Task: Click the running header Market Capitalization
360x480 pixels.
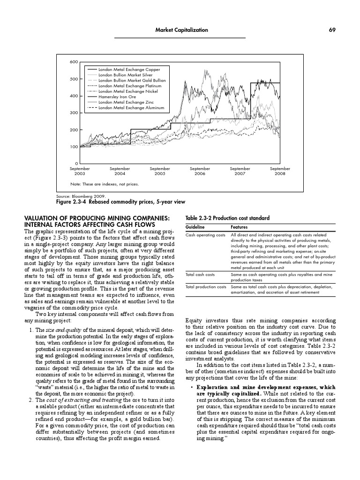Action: (181, 30)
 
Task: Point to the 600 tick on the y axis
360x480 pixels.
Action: (74, 62)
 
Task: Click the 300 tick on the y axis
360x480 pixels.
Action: (74, 113)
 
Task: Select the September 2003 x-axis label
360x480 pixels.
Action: (80, 171)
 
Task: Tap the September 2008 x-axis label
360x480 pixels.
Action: (280, 171)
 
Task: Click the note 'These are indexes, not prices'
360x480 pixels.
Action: (105, 184)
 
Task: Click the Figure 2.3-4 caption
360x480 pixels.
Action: (121, 202)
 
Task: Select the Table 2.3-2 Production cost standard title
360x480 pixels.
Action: (228, 218)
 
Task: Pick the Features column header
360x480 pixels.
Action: (240, 227)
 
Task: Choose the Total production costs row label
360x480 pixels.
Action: (205, 286)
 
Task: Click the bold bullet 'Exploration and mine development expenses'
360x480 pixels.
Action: (265, 387)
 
